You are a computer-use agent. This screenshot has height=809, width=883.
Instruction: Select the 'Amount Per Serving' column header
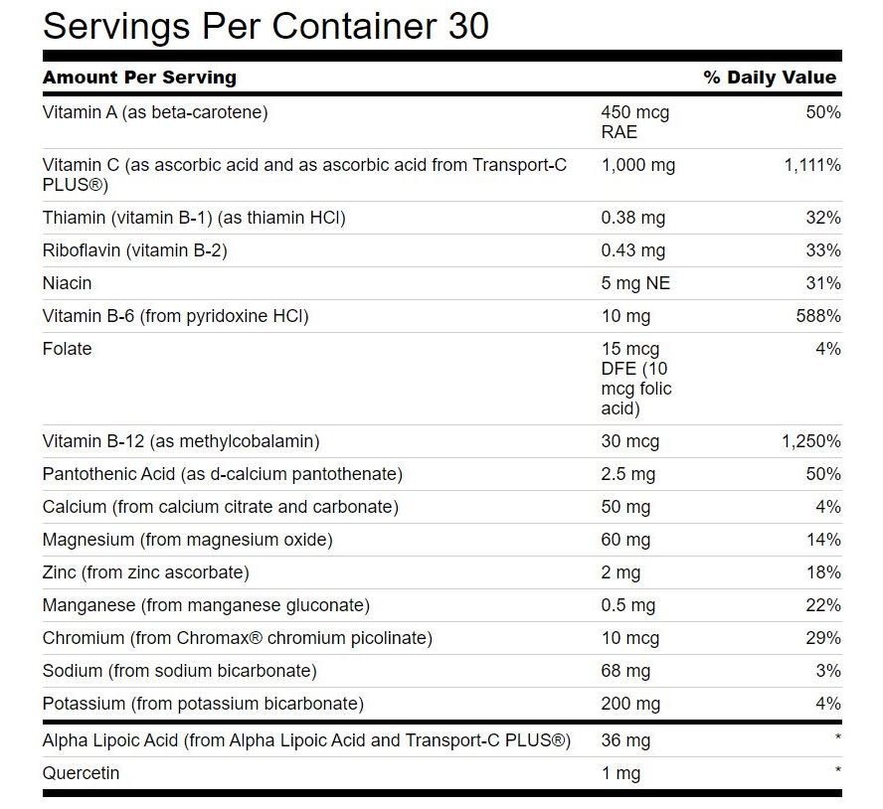[x=139, y=78]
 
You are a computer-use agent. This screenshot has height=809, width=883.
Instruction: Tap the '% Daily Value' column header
[x=770, y=78]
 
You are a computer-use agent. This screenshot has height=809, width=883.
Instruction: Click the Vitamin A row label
[x=155, y=112]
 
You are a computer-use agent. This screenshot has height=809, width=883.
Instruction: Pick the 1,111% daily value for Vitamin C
[x=812, y=165]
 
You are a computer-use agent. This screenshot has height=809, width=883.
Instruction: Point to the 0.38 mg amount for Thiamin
[x=633, y=218]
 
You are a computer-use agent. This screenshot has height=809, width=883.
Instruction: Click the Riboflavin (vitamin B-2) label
[x=134, y=250]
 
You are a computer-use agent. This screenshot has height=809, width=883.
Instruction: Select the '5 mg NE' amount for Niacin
[x=635, y=283]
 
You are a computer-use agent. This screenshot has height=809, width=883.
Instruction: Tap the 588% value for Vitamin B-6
[x=821, y=316]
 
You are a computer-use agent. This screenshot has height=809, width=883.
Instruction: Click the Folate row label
[x=67, y=349]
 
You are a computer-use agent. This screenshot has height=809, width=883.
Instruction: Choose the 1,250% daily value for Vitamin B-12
[x=811, y=441]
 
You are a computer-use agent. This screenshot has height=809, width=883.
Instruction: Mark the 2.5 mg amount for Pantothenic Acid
[x=628, y=474]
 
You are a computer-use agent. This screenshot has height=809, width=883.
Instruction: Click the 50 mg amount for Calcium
[x=625, y=507]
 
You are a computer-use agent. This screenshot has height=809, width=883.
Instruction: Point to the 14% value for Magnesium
[x=825, y=540]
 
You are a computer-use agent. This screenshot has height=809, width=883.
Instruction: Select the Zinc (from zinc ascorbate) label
[x=145, y=572]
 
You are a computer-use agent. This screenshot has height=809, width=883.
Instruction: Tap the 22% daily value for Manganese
[x=824, y=605]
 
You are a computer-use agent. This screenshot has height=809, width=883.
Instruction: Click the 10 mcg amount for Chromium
[x=630, y=638]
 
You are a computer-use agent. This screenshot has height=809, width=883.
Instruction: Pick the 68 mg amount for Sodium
[x=625, y=671]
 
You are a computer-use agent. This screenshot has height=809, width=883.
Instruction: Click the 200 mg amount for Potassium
[x=630, y=704]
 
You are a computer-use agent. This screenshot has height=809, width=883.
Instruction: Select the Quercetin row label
[x=81, y=773]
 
